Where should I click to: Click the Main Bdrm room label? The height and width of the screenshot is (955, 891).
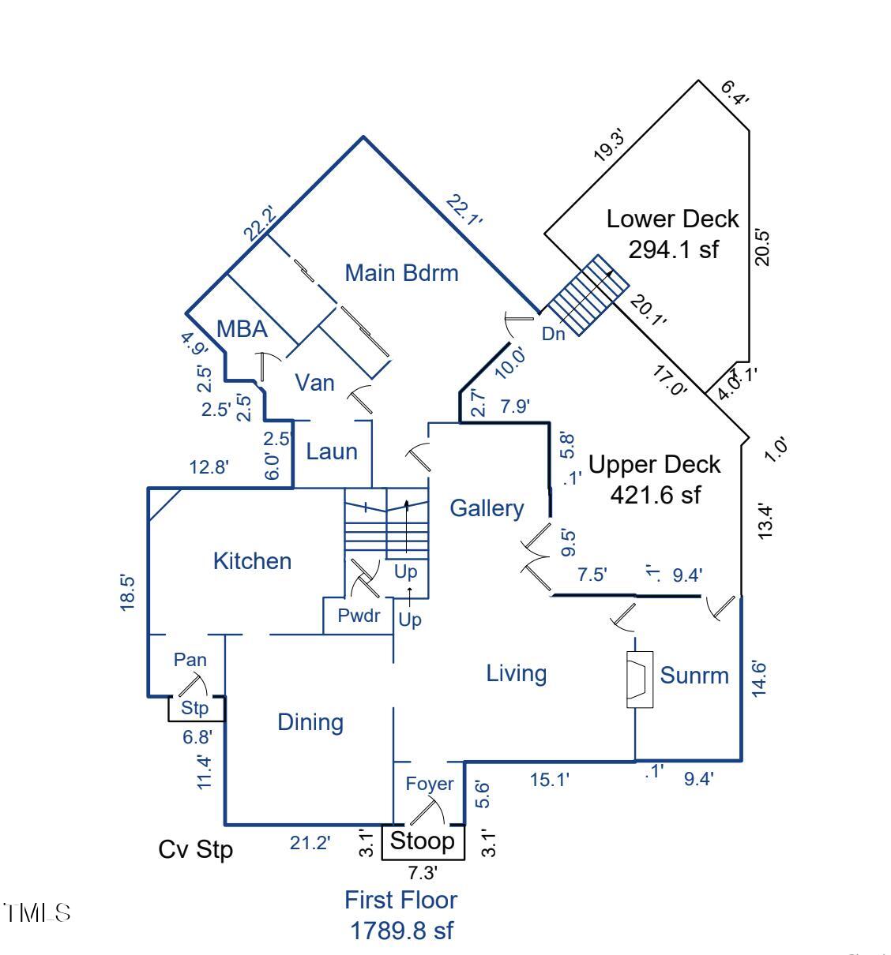tap(401, 273)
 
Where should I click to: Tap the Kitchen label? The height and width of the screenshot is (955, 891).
tap(252, 561)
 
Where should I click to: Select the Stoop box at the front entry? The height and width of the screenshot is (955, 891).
tap(423, 841)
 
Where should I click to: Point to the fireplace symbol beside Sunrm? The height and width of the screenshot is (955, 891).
tap(638, 679)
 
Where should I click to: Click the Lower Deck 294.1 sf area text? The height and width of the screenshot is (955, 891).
tap(673, 234)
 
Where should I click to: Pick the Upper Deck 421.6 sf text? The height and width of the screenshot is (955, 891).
tap(655, 479)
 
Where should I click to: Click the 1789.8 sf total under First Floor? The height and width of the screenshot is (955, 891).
tap(401, 930)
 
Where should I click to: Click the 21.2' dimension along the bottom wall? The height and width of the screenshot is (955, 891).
tap(310, 843)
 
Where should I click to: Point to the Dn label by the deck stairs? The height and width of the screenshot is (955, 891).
tap(554, 334)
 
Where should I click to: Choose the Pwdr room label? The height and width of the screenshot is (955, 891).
tap(359, 616)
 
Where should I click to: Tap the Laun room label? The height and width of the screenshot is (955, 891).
tap(332, 451)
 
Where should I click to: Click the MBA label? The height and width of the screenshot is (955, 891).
tap(242, 328)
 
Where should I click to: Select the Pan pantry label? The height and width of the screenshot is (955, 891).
tap(190, 659)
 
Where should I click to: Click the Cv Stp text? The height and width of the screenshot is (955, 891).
tap(196, 849)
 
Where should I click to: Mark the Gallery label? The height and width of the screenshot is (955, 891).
tap(487, 508)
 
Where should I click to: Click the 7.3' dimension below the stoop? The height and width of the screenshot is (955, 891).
tap(423, 873)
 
